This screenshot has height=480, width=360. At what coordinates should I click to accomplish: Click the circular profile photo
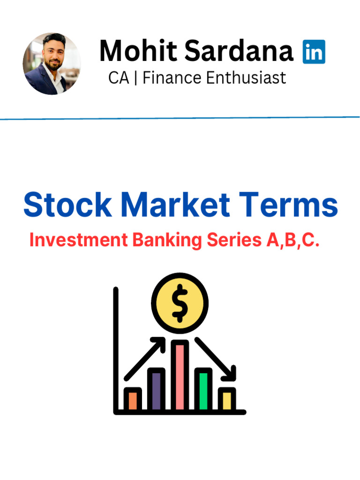point(52,64)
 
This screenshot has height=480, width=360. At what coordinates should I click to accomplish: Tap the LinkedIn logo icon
point(314,52)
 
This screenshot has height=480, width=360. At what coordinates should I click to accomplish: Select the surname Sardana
point(239,51)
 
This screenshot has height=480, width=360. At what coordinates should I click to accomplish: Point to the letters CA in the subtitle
point(118,77)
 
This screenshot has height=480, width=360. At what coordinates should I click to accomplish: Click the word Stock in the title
point(67,205)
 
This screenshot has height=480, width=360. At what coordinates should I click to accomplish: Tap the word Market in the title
point(175,205)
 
